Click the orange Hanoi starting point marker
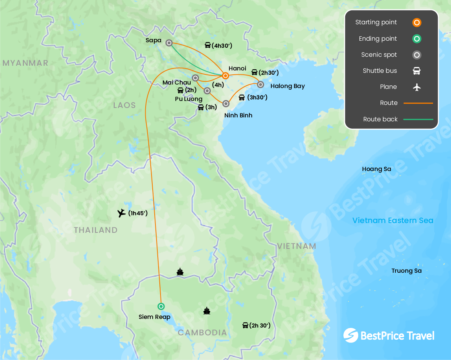(x=225, y=76)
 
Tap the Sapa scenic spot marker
(x=169, y=43)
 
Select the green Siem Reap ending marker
(x=161, y=306)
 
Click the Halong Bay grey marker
(x=261, y=84)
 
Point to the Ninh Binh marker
(x=226, y=104)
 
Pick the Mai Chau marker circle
(x=195, y=78)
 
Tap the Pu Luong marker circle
(x=207, y=91)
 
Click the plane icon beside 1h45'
(x=122, y=213)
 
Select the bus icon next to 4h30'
(x=207, y=45)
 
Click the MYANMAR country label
(x=25, y=63)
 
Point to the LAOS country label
(x=124, y=105)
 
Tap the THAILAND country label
(x=96, y=230)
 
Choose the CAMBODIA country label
(x=202, y=333)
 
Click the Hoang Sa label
(x=377, y=169)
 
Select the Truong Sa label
(x=407, y=271)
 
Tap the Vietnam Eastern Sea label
(x=393, y=220)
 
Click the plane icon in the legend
(x=417, y=87)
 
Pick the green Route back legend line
(x=418, y=119)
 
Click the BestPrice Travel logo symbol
(x=351, y=335)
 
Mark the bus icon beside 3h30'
(x=242, y=97)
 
